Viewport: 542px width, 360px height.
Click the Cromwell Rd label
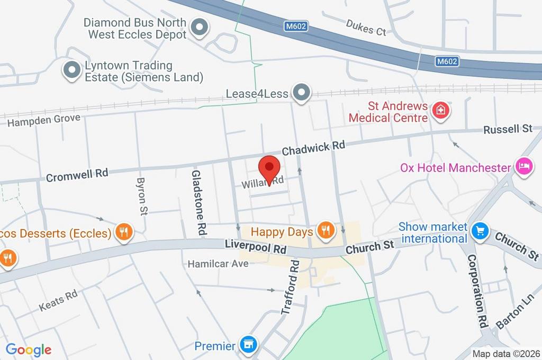coord(77,174)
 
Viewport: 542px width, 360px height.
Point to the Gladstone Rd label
coord(198,203)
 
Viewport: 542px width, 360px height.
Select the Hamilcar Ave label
coord(219,263)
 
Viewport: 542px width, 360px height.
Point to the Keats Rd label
coord(58,300)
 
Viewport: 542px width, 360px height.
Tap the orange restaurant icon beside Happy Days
coord(324,230)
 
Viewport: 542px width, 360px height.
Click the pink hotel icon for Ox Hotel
coord(523,167)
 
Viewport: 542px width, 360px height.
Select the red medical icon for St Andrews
coord(439,111)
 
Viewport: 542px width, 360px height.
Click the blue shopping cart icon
coord(481,231)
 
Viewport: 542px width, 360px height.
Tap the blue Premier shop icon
coord(247,345)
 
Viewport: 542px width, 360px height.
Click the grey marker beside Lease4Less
coord(302,93)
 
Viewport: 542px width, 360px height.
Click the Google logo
coord(29,349)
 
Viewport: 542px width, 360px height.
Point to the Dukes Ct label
coord(366,27)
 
